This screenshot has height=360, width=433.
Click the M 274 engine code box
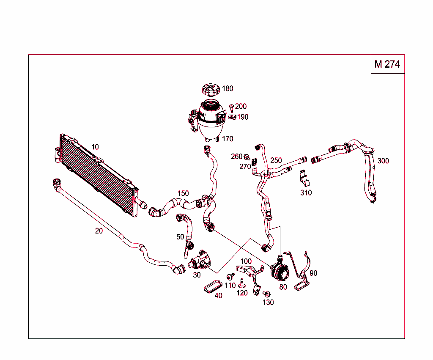387,64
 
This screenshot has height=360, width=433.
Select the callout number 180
227,89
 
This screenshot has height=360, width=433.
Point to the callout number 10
95,147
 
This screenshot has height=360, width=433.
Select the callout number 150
183,193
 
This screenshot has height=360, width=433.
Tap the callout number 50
180,237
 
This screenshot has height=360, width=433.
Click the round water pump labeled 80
280,272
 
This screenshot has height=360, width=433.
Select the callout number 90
313,273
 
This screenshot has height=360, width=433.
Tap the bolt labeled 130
266,294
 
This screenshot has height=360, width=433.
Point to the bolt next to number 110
230,276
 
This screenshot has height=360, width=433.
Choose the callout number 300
383,161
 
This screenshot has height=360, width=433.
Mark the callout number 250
276,161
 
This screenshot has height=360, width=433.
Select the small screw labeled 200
231,107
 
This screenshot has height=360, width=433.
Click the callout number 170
227,139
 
